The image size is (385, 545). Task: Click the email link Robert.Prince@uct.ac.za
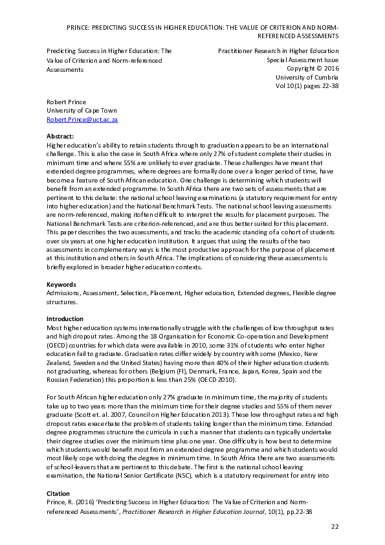coord(82,120)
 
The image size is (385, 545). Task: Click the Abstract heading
coord(61,137)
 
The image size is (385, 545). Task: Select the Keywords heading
coord(61,285)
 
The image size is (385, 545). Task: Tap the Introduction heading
coord(65,319)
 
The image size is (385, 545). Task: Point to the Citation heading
coord(59,493)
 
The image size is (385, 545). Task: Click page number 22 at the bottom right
coord(335,527)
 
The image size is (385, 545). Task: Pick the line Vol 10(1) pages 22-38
coord(307,85)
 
